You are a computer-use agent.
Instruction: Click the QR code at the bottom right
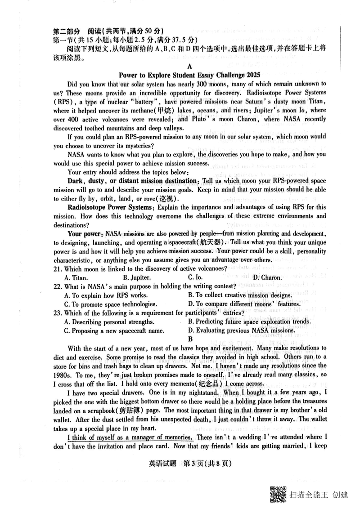(x=278, y=495)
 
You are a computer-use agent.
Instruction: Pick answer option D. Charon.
(x=267, y=277)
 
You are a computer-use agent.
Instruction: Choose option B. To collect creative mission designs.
(x=241, y=295)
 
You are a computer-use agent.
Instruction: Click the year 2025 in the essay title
(x=252, y=74)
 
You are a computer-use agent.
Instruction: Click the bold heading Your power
(x=84, y=234)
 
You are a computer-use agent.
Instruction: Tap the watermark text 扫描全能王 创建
(x=319, y=495)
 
